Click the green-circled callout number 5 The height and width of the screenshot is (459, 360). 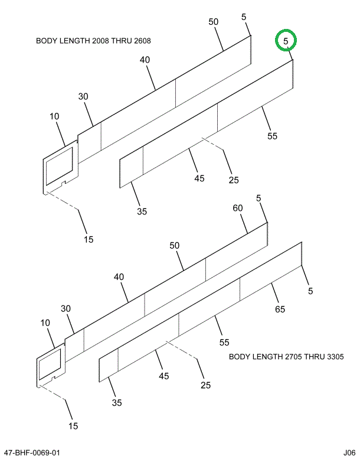[x=286, y=41]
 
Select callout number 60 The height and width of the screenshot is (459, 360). [x=238, y=208]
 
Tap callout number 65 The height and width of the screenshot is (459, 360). [x=280, y=309]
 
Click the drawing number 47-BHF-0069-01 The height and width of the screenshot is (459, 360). [x=32, y=453]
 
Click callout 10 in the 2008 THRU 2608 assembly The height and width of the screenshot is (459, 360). [x=55, y=117]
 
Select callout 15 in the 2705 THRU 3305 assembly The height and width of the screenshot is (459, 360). [x=73, y=425]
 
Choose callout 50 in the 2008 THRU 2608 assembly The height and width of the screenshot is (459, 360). [x=213, y=22]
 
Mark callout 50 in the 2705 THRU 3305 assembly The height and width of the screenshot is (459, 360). [x=174, y=246]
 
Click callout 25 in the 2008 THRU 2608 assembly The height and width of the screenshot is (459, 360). [x=234, y=180]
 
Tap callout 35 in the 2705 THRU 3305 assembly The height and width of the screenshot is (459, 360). [x=116, y=403]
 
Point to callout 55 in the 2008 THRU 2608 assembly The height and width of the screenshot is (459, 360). [x=272, y=136]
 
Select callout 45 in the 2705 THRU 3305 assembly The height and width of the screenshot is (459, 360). [x=163, y=376]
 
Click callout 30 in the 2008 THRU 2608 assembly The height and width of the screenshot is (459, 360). [x=83, y=97]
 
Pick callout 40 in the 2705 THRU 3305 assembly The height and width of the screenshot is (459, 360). [x=119, y=276]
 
